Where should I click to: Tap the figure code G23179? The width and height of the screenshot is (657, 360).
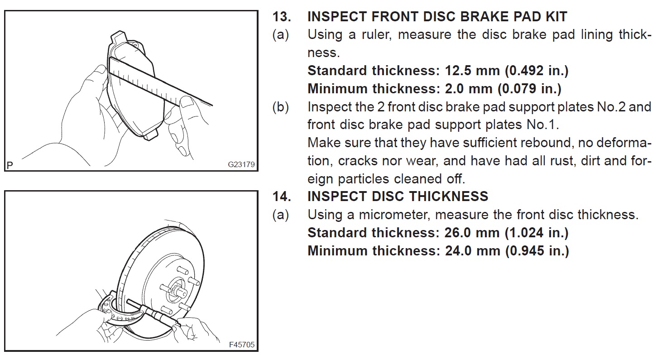241,164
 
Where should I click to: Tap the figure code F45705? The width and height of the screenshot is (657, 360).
242,345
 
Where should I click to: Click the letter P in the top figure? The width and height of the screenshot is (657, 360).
10,165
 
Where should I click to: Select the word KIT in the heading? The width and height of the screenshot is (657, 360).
553,17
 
